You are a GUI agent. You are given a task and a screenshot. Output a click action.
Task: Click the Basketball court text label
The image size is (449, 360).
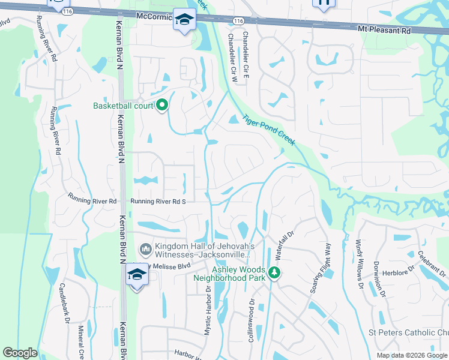pyautogui.click(x=122, y=106)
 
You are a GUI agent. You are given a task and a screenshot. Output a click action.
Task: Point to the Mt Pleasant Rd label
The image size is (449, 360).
pyautogui.click(x=384, y=29)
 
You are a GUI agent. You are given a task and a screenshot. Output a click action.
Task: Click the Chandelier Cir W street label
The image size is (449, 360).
pyautogui.click(x=232, y=57)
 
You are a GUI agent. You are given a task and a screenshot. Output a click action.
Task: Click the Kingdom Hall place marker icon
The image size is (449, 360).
pyautogui.click(x=145, y=248)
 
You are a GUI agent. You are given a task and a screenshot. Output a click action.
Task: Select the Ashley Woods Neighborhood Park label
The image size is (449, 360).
pyautogui.click(x=229, y=274)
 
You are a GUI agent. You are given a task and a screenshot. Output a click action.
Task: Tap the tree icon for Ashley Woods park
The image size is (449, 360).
pyautogui.click(x=274, y=273)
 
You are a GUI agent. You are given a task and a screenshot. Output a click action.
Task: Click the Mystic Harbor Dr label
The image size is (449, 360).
pyautogui.click(x=208, y=310)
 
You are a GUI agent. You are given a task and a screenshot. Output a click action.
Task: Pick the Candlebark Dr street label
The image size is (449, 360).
pyautogui.click(x=63, y=303)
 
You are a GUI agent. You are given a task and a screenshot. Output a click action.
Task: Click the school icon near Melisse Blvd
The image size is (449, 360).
pyautogui.click(x=137, y=275)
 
